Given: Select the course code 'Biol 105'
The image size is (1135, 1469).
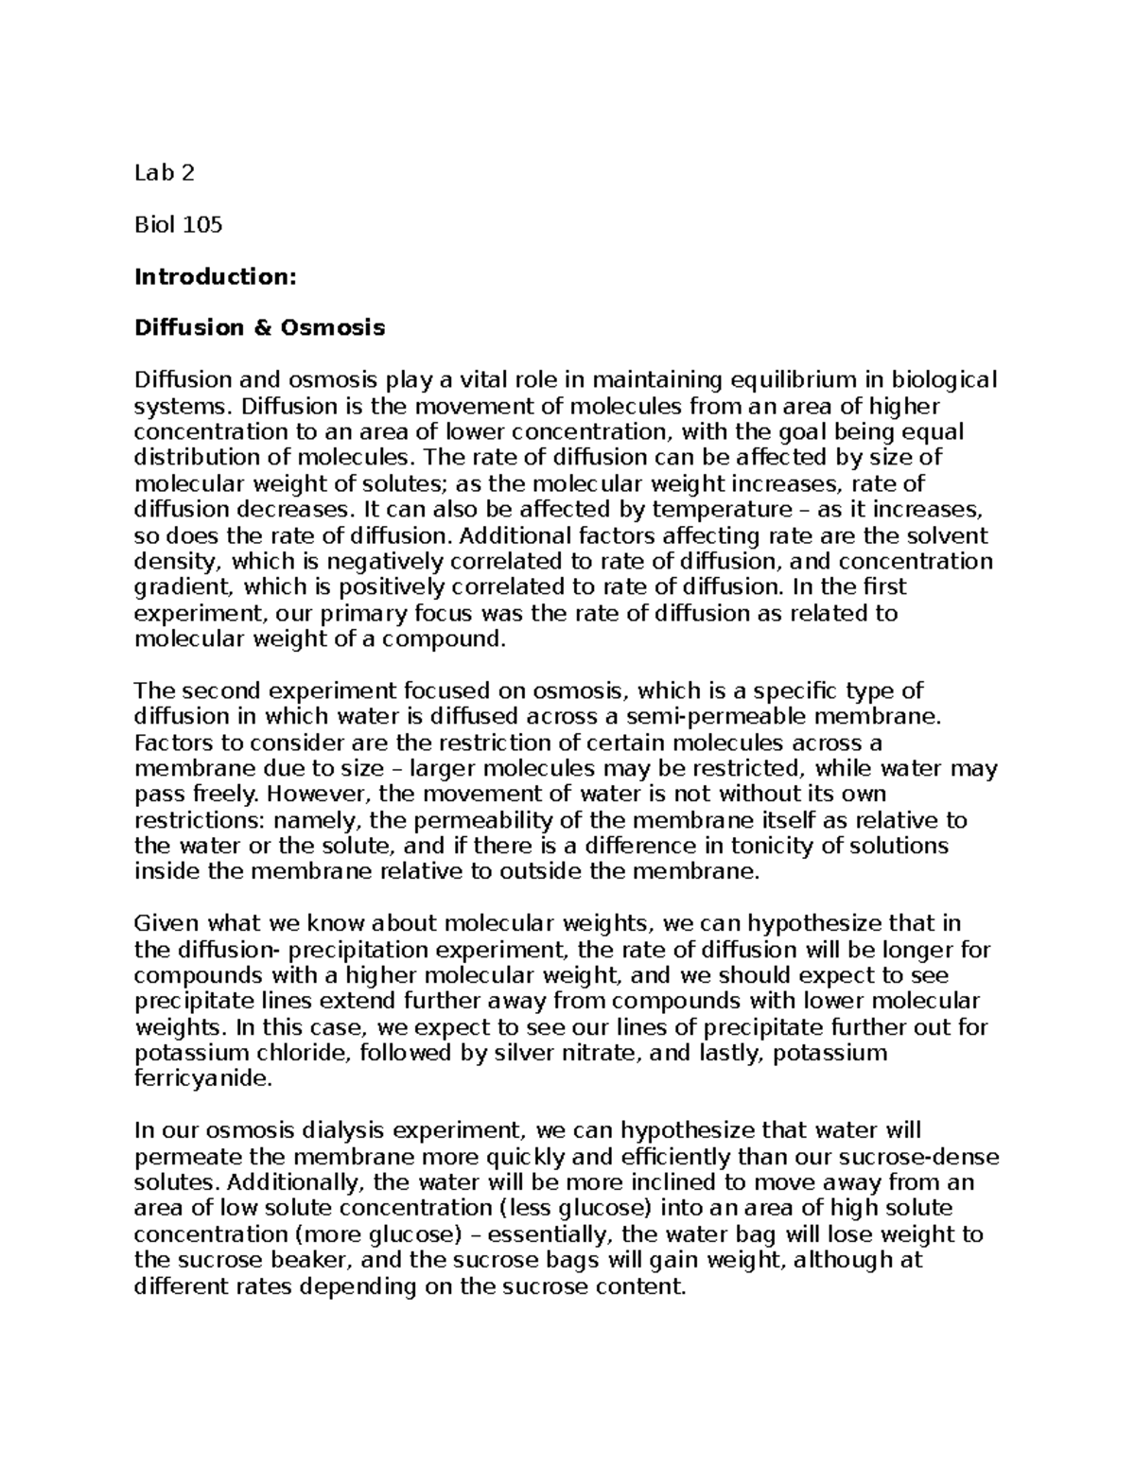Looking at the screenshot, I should (179, 225).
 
